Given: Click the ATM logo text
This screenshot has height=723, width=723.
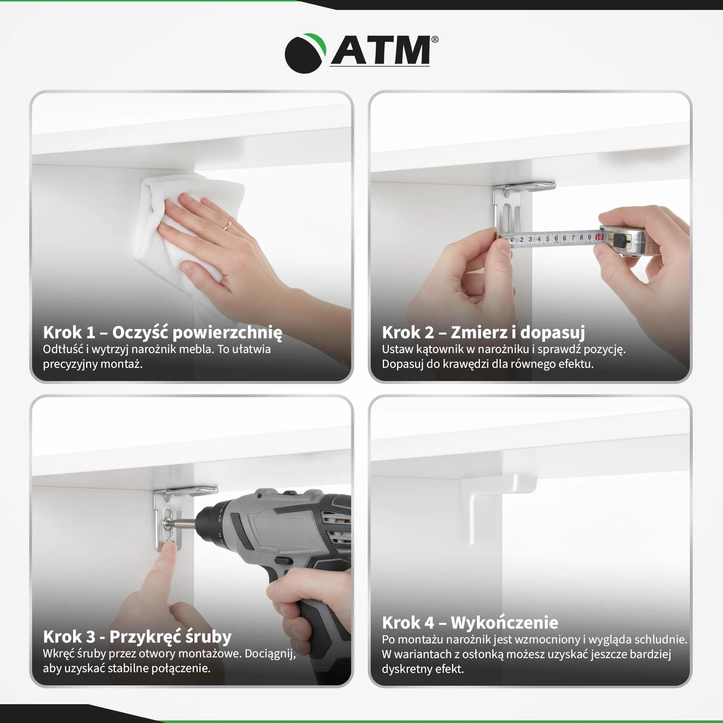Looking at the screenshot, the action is pos(381,50).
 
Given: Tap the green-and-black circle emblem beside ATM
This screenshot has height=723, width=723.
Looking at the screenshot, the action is pos(305,53).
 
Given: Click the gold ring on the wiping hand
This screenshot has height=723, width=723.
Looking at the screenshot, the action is pos(228,225).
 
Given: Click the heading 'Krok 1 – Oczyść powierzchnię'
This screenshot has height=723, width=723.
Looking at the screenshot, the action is pos(162,332).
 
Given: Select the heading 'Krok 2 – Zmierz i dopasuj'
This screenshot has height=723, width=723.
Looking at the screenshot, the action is pos(483,332).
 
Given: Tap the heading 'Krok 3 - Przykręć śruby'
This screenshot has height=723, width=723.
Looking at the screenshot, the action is pos(137,637).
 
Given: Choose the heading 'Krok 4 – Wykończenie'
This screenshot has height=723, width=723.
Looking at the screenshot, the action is pos(470,623).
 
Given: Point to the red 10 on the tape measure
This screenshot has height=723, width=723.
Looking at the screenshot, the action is pos(599,237).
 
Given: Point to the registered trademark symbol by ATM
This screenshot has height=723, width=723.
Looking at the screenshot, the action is pos(435,39).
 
